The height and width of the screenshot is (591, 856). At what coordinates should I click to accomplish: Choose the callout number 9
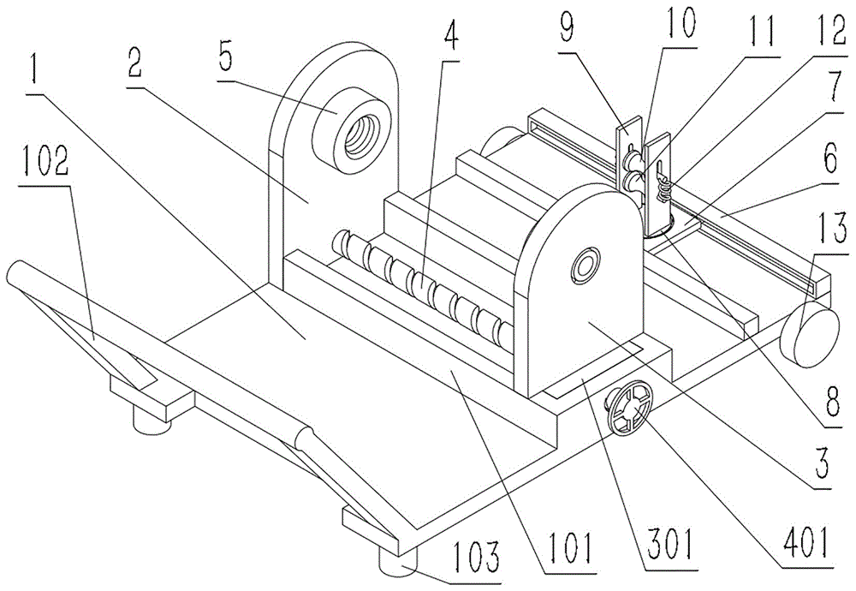pos(568,27)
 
